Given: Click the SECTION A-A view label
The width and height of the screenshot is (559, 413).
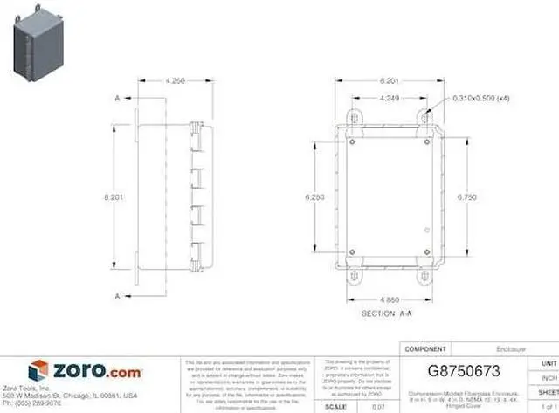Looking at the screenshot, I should click(x=387, y=312).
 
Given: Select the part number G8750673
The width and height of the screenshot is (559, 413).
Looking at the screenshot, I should click(x=464, y=369).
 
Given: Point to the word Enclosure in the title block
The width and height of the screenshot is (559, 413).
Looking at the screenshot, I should click(x=511, y=348).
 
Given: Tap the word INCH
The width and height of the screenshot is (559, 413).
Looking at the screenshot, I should click(x=549, y=378).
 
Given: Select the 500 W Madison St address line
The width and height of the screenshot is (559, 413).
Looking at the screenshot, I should click(x=70, y=396).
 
